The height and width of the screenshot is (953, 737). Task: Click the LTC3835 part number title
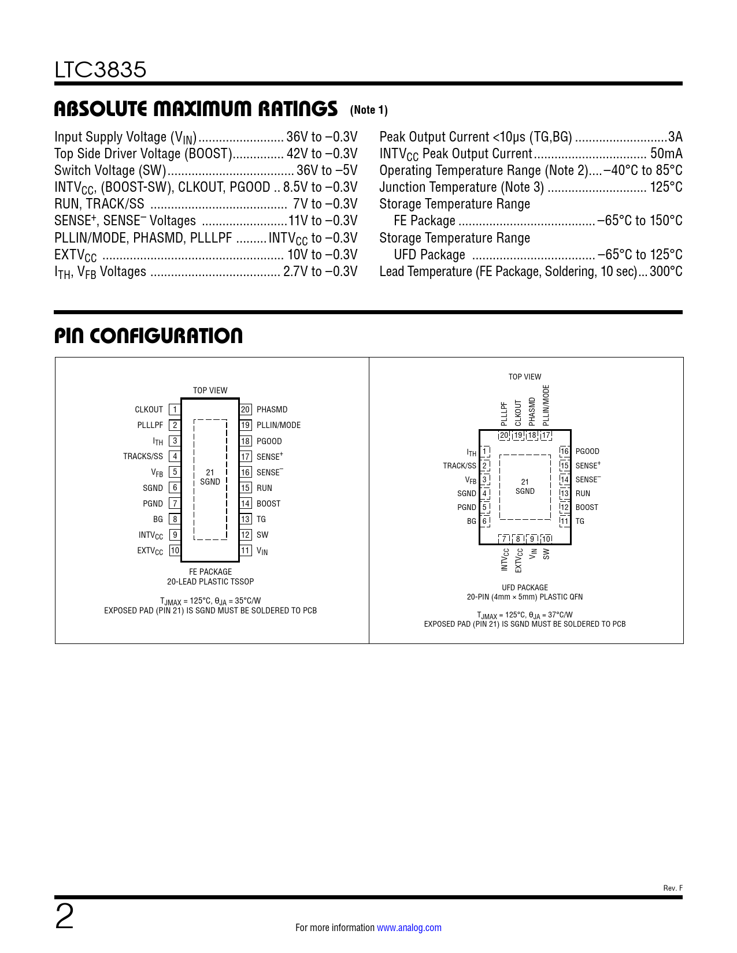point(101,70)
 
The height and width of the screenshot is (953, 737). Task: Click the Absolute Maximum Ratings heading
point(195,109)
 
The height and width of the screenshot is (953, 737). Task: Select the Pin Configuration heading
point(149,336)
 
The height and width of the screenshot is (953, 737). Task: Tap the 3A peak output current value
point(675,137)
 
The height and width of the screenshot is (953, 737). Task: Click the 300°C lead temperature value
point(666,271)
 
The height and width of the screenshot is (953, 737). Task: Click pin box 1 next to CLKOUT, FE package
point(175,410)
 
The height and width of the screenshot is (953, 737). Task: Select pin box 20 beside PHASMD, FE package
point(246,410)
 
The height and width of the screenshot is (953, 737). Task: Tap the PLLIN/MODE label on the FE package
point(279,425)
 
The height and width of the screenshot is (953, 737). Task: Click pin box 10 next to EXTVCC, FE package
point(175,550)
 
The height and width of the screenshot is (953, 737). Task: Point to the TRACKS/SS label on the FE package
point(143,456)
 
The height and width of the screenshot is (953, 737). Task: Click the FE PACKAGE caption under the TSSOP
point(210,572)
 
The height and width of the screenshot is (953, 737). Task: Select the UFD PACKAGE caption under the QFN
point(525,587)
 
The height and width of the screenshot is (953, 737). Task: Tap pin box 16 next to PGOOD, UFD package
point(565,451)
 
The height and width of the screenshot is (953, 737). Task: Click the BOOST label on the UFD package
point(587,507)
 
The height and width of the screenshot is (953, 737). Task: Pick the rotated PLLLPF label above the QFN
point(504,414)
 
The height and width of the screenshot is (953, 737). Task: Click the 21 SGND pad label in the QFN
point(525,486)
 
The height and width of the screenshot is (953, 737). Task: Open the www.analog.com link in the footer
point(409,928)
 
